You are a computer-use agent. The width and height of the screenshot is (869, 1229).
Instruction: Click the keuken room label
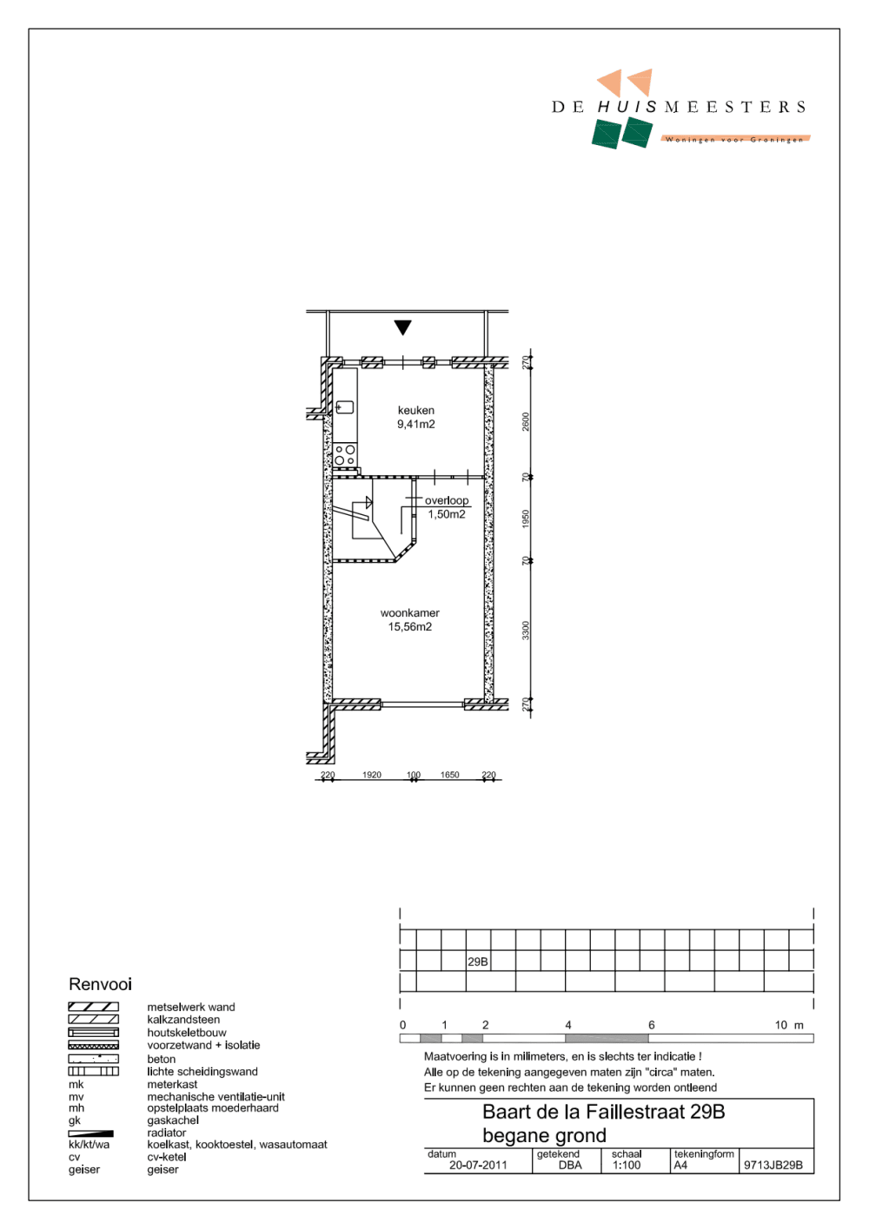[415, 411]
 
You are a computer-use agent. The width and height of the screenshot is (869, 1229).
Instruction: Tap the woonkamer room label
[409, 613]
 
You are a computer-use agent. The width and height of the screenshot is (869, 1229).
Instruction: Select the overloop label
[447, 500]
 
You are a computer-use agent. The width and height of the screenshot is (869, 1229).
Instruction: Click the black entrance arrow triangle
[402, 327]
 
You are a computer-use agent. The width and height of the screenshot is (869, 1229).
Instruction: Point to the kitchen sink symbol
[344, 407]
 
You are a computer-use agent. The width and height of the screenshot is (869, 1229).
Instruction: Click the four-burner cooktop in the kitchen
[345, 455]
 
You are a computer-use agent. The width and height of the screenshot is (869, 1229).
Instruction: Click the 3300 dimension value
[526, 630]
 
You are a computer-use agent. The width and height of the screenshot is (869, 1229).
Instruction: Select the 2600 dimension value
[526, 421]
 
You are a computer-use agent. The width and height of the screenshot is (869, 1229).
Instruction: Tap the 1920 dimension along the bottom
[372, 775]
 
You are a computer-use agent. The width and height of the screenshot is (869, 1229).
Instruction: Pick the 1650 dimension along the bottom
[449, 775]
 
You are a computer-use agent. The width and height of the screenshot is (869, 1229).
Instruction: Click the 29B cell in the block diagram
[478, 961]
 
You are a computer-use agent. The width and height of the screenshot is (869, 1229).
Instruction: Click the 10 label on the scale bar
[780, 1025]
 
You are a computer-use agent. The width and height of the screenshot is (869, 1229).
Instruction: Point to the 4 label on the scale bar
[568, 1025]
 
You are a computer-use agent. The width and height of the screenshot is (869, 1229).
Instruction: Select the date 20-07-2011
[478, 1166]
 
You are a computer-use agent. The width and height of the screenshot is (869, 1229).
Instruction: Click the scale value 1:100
[627, 1166]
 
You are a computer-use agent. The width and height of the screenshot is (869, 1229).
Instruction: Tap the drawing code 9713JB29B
[773, 1166]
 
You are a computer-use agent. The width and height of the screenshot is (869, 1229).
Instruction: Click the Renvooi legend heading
[101, 984]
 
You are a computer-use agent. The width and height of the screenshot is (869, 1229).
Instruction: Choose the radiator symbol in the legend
[91, 1133]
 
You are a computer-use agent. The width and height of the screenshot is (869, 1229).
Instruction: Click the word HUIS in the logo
[627, 107]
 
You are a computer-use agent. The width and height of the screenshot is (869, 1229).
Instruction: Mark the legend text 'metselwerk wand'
[191, 1008]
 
